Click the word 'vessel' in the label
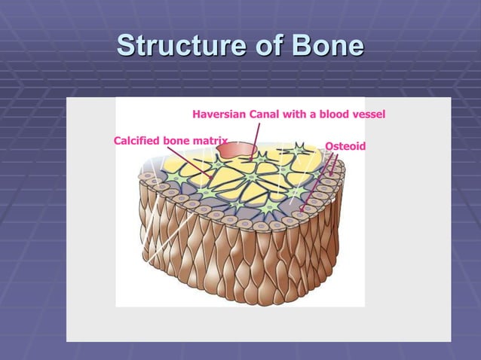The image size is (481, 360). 370,115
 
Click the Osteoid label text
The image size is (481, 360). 345,145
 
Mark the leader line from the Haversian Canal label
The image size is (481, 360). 257,139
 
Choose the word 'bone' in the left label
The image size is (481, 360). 179,140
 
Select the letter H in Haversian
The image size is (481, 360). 197,115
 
